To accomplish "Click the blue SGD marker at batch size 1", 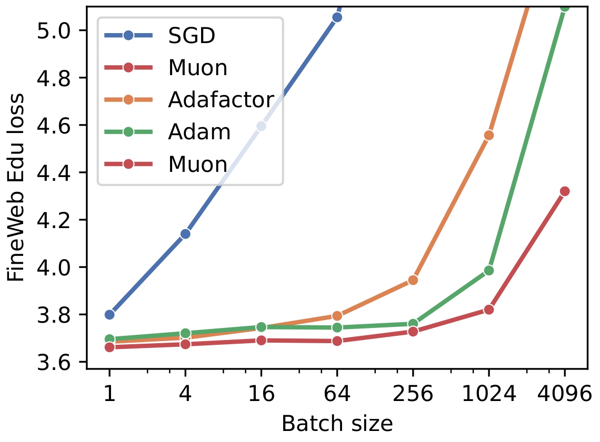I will coord(109,314).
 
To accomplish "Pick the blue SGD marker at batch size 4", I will coord(185,234).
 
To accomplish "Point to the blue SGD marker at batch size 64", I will coord(337,17).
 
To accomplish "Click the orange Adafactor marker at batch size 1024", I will coord(488,135).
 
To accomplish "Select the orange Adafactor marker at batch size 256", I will coord(413,280).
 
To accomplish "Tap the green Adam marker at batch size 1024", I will coord(488,270).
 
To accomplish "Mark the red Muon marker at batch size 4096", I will coord(564,191).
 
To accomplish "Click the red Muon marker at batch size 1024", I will coord(488,309).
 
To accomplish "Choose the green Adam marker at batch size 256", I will coord(413,324).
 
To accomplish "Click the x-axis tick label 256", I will coord(413,394).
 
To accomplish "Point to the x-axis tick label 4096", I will coord(564,394).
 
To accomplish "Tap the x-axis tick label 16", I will coord(261,394).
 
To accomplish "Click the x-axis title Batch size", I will coord(337,424).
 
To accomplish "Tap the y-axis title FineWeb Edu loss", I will coord(16,187).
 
